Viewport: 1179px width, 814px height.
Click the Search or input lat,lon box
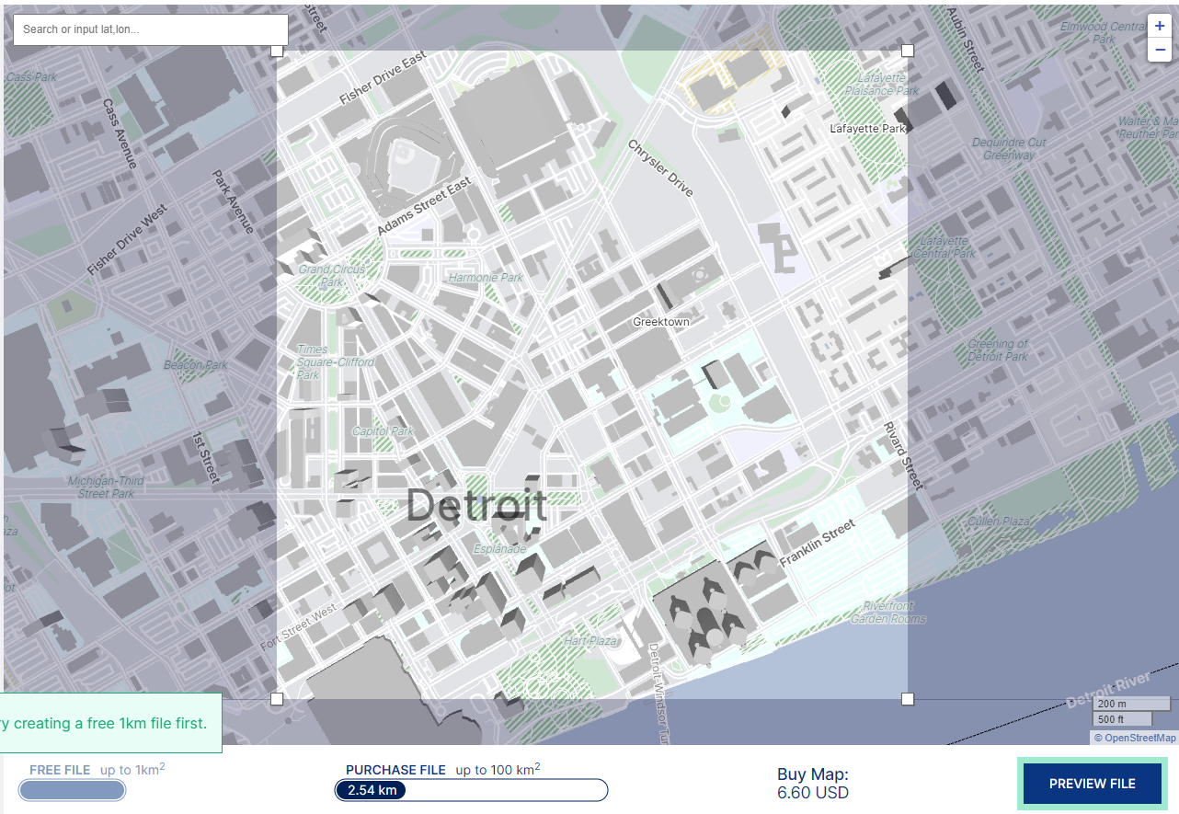[x=150, y=29]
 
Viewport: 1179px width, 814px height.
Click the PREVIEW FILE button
[x=1092, y=784]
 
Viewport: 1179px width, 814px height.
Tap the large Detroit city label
[x=476, y=506]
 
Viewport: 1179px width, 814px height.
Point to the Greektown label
[x=660, y=322]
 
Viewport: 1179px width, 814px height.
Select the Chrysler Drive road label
[x=660, y=167]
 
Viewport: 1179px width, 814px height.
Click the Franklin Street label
[x=817, y=543]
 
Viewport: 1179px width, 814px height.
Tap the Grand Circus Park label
[x=332, y=276]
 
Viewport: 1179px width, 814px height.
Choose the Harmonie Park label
[x=485, y=278]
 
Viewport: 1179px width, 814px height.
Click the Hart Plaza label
[x=589, y=641]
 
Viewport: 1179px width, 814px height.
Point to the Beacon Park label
[x=195, y=365]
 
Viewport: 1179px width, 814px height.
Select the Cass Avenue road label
[x=120, y=133]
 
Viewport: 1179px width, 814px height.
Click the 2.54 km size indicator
[x=372, y=790]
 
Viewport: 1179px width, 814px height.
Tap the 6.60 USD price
[x=812, y=793]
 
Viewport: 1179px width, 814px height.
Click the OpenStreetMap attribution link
[x=1139, y=738]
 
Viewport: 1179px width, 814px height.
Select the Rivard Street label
[x=902, y=455]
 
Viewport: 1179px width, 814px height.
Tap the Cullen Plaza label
[x=998, y=522]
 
